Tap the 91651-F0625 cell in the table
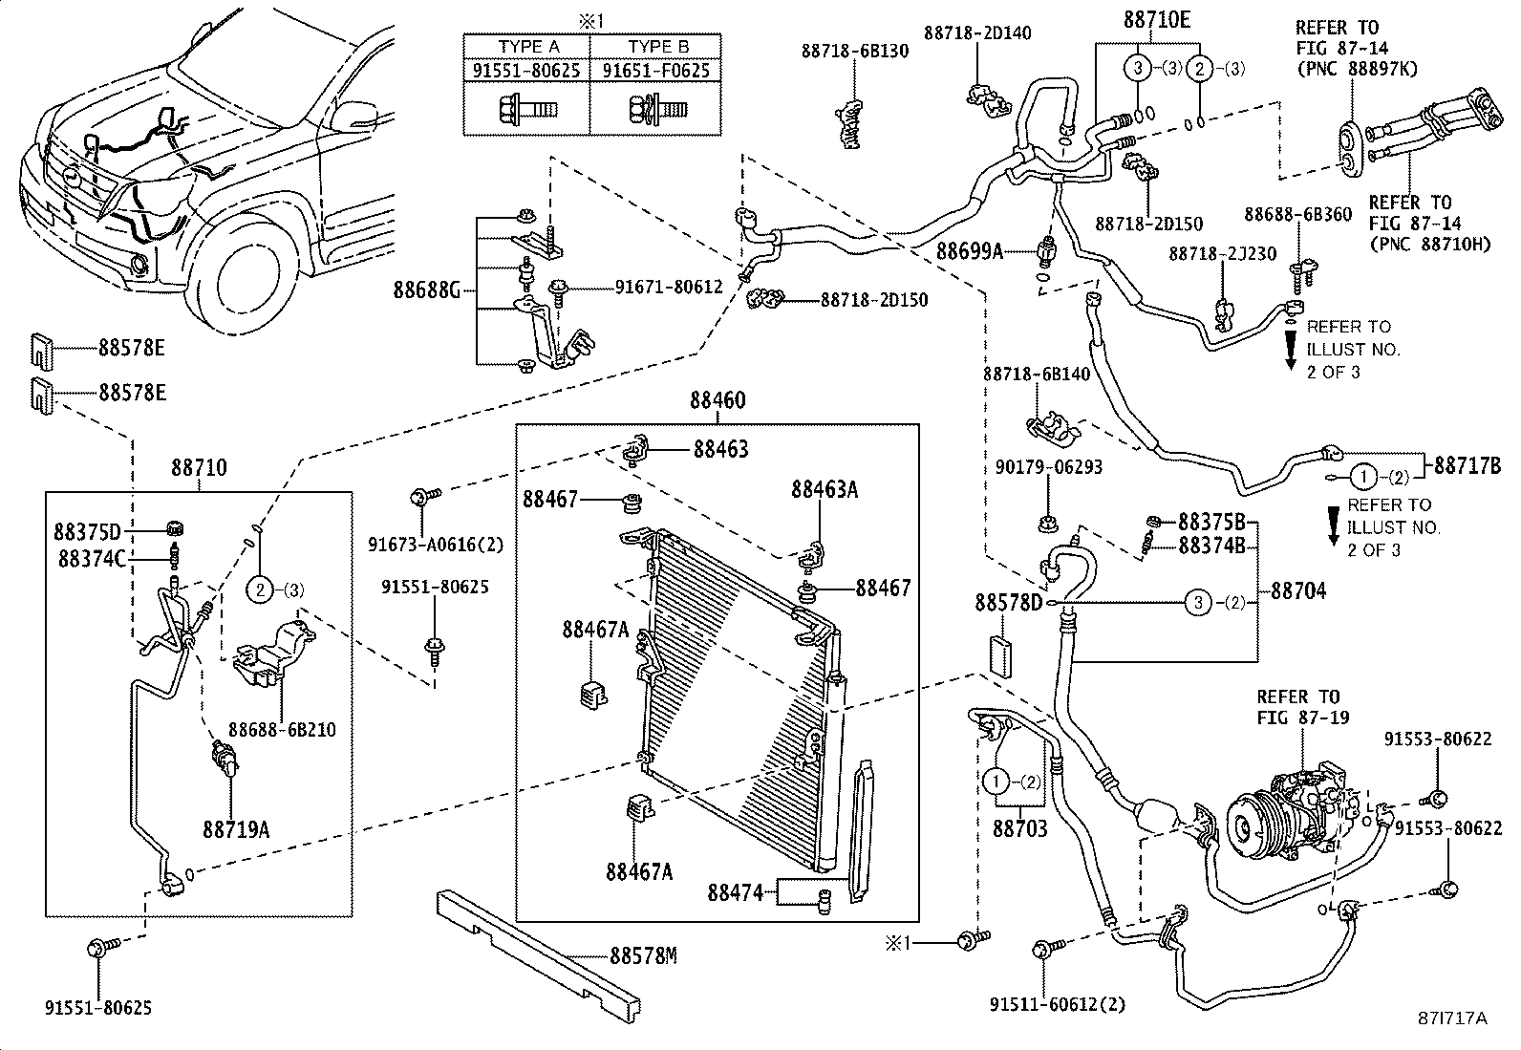click(655, 71)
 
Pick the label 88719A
click(235, 828)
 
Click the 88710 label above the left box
click(200, 468)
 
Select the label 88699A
click(969, 251)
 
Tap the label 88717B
click(1467, 466)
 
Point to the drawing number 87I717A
click(1452, 1018)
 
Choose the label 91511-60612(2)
click(1058, 1004)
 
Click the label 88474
click(735, 892)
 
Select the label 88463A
click(824, 490)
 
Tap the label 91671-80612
click(668, 286)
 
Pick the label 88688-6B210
click(282, 730)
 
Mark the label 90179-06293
click(1047, 467)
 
